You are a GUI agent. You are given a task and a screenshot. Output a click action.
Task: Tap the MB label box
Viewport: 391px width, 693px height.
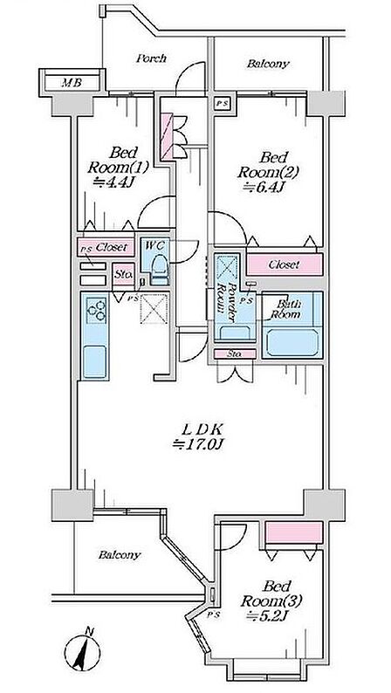click(x=72, y=82)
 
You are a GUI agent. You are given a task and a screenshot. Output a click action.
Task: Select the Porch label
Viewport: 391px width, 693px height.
click(x=151, y=58)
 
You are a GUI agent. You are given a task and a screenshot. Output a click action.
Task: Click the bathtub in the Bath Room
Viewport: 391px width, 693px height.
click(x=292, y=343)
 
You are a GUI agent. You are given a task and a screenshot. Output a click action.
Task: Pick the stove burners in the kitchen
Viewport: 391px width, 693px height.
click(x=96, y=309)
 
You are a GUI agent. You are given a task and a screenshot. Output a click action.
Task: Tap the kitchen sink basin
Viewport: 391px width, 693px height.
click(x=94, y=361)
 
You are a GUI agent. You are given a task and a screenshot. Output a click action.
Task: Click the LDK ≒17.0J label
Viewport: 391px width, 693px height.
click(x=199, y=436)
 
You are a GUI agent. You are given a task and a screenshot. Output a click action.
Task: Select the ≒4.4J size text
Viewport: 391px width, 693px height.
click(x=113, y=182)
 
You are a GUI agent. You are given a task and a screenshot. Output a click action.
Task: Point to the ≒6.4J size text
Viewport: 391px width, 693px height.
click(x=264, y=187)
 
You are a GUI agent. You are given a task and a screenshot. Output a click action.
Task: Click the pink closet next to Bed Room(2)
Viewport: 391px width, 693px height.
click(x=284, y=264)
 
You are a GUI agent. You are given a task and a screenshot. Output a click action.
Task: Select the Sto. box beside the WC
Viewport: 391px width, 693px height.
click(x=123, y=274)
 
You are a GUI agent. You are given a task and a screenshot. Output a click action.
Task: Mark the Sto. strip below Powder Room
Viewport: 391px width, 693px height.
click(x=235, y=354)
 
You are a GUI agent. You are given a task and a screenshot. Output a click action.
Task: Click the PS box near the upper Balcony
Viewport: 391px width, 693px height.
click(x=222, y=104)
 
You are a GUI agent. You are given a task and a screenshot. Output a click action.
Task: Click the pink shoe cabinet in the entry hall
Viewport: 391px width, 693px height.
click(x=167, y=136)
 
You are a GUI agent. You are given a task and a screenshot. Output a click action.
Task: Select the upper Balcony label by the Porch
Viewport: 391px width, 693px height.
click(x=268, y=64)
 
